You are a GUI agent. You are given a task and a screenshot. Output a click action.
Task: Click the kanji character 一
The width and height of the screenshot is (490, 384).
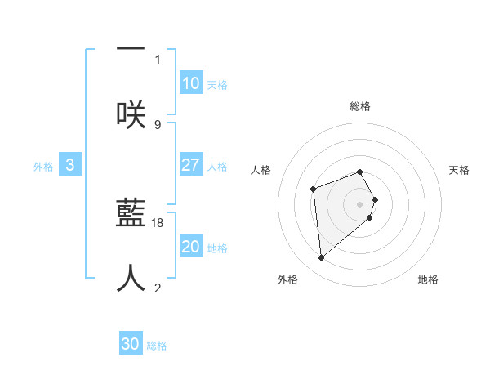coord(131,50)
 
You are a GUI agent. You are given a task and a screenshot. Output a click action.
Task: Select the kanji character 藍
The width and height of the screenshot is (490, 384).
coord(131,214)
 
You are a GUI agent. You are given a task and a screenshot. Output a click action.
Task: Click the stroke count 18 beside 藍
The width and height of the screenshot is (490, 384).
coord(158,222)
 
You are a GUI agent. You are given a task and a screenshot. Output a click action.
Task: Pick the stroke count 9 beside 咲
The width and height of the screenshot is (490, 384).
coord(158,124)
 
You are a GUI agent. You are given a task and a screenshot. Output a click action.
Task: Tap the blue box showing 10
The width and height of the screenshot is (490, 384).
coord(191,83)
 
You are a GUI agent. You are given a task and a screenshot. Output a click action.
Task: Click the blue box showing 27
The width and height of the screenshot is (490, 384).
coord(191,165)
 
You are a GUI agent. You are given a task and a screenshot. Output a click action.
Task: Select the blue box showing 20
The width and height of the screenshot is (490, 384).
coord(191,247)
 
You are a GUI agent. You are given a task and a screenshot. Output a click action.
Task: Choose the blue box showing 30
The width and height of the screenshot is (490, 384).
coord(131,344)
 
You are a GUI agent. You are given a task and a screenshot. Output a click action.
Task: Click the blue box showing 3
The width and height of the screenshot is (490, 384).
coord(70,165)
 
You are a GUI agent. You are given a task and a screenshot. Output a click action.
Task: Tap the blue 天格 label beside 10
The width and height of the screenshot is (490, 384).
coord(217,85)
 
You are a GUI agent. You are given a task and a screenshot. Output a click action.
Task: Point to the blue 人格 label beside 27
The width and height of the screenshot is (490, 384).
coord(217,167)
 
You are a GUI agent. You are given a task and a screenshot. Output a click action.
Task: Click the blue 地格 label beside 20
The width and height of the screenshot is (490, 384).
coord(217,248)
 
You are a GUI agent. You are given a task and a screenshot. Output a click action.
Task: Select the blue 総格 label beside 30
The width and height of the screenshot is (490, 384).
coord(157,346)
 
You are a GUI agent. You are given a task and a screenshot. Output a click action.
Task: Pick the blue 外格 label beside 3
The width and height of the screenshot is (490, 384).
coord(43,167)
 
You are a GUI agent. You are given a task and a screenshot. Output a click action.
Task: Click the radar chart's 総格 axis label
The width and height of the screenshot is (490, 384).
coord(360,106)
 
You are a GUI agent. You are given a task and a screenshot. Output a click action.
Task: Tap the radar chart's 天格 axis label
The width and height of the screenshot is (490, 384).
coord(460,170)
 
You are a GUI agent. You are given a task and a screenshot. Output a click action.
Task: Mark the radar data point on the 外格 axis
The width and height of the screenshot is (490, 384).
coord(322,258)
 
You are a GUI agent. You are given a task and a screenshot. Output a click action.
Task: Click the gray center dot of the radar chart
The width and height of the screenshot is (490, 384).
coord(360,203)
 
